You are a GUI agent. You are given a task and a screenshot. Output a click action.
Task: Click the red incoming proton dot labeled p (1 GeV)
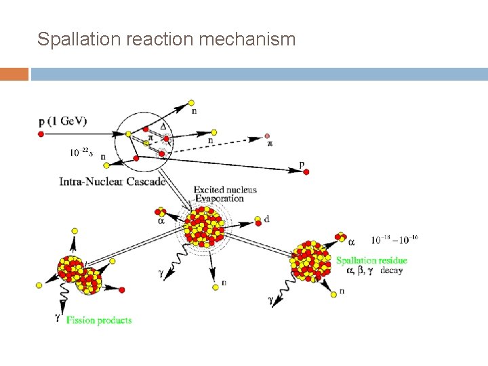(x=41, y=134)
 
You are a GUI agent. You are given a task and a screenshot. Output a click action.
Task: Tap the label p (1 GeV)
(x=62, y=121)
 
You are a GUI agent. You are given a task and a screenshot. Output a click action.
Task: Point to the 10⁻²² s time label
(x=81, y=152)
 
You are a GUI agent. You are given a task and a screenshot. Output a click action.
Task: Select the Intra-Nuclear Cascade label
(x=112, y=182)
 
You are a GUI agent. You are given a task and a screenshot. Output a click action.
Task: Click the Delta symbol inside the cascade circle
(x=162, y=125)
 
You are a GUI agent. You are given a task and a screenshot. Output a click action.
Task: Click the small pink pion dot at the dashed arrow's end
(x=268, y=136)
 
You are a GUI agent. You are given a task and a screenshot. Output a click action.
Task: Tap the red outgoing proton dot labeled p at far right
(x=306, y=172)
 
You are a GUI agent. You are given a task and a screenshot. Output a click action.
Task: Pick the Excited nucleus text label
(x=225, y=190)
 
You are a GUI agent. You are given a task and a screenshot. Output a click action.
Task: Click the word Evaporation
(x=219, y=199)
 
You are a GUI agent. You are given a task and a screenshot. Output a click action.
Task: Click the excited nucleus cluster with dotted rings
(x=205, y=226)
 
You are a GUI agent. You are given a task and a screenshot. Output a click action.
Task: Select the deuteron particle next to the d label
(x=257, y=220)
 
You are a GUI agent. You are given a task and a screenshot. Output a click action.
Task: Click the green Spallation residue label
(x=371, y=260)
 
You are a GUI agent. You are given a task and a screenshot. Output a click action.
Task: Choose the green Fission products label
(x=100, y=319)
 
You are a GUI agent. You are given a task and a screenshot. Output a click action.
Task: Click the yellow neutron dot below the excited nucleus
(x=214, y=286)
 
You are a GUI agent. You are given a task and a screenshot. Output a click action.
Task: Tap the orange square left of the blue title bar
(x=14, y=74)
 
